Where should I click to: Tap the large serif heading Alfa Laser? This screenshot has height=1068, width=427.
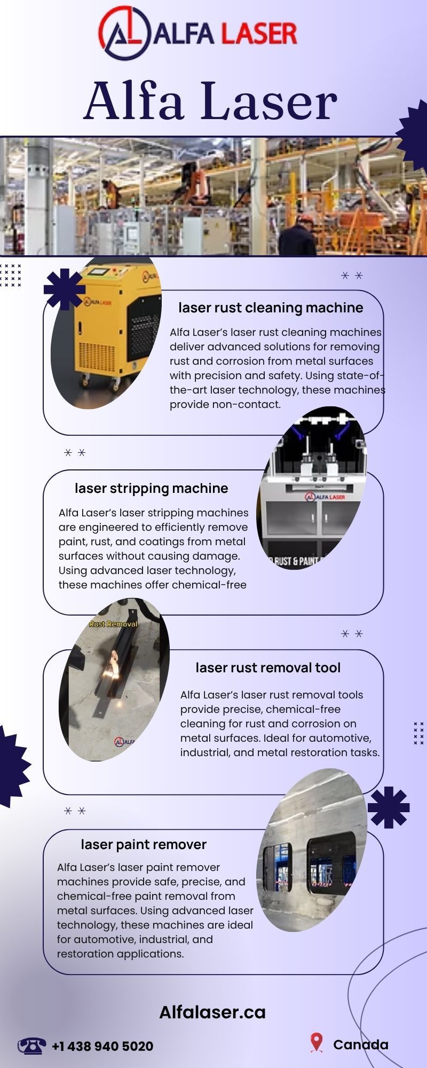click(211, 101)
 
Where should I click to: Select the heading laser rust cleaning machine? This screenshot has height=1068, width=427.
click(271, 308)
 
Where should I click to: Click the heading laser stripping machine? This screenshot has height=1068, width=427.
click(151, 488)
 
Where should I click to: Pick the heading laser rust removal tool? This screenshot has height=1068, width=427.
click(268, 667)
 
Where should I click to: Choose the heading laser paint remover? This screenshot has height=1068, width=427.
click(144, 844)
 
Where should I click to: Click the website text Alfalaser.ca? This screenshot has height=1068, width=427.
click(212, 1012)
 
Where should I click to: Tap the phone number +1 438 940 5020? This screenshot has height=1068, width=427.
click(102, 1046)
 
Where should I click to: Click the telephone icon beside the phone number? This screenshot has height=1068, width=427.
click(31, 1046)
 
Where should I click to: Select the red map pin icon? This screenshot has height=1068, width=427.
click(317, 1042)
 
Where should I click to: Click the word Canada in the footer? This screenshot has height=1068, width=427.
click(361, 1045)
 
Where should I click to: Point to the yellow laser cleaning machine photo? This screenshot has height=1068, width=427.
click(107, 333)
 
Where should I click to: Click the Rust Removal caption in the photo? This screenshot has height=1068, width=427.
click(113, 624)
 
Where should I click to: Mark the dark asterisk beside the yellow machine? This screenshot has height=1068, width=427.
click(65, 289)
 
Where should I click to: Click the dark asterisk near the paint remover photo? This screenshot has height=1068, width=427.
click(389, 807)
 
